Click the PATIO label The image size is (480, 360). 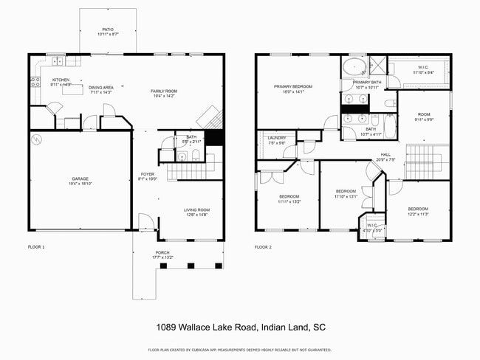click(108, 30)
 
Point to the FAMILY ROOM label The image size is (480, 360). click(165, 91)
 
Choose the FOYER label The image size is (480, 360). click(148, 174)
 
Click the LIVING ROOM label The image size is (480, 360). click(196, 210)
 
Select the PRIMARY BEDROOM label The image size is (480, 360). click(293, 86)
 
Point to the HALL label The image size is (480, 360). click(385, 154)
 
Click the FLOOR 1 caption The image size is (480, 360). click(36, 247)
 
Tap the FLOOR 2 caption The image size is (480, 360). click(263, 247)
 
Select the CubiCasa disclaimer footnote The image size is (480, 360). click(240, 350)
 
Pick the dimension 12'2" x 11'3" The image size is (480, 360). click(418, 215)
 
